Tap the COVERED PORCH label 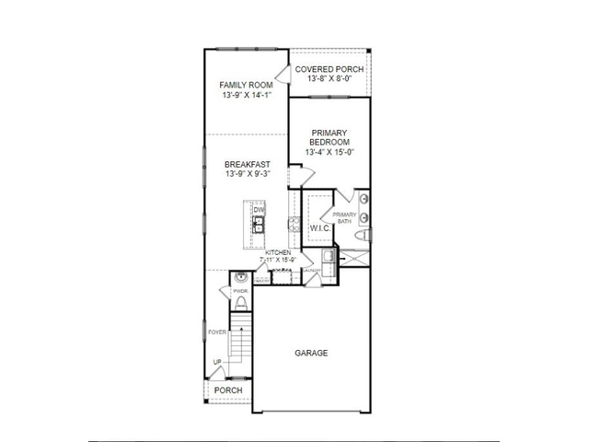coord(329,69)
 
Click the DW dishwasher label coord(259,210)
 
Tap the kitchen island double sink coord(259,222)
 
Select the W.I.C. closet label coord(319,227)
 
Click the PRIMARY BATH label coord(343,217)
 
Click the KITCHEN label coord(278,252)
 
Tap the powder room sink coord(240,276)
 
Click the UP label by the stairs coord(217,362)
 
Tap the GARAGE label coord(311,353)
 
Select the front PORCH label coord(228,390)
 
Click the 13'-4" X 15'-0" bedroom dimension coord(329,153)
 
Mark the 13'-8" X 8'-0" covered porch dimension coord(329,80)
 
